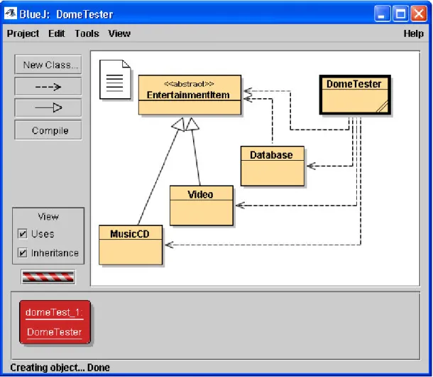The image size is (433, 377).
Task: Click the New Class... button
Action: [x=48, y=65]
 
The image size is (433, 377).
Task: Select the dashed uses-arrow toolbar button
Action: [x=48, y=87]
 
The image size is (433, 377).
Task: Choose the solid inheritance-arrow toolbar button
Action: [x=48, y=107]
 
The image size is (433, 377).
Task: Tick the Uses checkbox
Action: [x=23, y=233]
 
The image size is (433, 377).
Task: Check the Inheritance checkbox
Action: [x=23, y=253]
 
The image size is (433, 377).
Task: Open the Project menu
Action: [x=23, y=33]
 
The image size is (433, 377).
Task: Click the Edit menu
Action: [x=57, y=33]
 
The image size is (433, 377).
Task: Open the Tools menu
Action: [x=87, y=33]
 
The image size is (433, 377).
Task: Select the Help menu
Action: [x=413, y=33]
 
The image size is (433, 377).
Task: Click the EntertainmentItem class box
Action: [x=190, y=95]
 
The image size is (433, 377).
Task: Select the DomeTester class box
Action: [x=355, y=95]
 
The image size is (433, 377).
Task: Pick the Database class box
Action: [x=273, y=166]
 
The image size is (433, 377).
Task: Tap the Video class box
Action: [x=202, y=206]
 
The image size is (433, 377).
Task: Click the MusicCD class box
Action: [x=131, y=245]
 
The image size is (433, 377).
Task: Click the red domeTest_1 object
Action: [x=55, y=322]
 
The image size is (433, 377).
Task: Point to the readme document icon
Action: [x=115, y=80]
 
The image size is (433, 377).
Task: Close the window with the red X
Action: [x=419, y=14]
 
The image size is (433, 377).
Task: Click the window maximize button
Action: [x=400, y=14]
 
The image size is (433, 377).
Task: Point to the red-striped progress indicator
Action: [x=48, y=277]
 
